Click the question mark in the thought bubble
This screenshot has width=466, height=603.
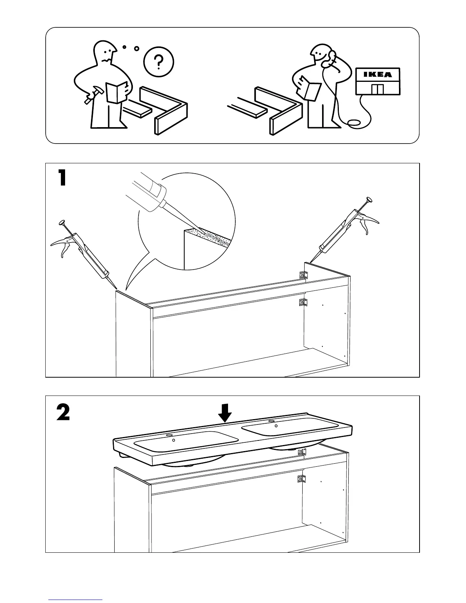click(160, 61)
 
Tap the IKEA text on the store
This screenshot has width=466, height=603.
click(377, 75)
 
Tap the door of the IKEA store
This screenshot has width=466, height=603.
click(378, 90)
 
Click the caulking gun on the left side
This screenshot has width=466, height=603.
click(87, 255)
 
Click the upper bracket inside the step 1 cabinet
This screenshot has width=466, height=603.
click(303, 275)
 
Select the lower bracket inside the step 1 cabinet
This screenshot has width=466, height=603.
click(303, 303)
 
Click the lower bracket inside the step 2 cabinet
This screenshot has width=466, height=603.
click(301, 479)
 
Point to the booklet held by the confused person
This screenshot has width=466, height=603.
click(117, 92)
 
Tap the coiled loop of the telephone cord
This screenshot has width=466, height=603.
click(355, 123)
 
